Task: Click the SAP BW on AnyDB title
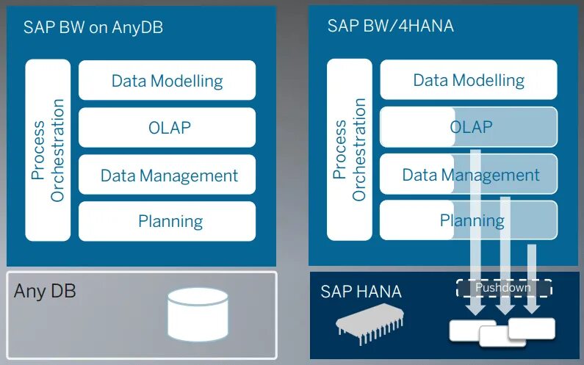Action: point(93,28)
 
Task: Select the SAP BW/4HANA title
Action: point(390,26)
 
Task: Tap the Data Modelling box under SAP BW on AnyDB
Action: point(167,80)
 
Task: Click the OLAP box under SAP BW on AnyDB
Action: point(167,127)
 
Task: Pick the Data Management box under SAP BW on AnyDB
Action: point(167,175)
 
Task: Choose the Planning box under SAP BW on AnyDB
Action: point(167,221)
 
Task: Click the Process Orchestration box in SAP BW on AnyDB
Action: point(48,150)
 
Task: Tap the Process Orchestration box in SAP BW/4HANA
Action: point(350,150)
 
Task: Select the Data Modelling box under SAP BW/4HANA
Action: point(469,80)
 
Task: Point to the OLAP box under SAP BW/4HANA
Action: point(469,127)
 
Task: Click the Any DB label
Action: point(45,291)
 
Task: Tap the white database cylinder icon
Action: point(197,311)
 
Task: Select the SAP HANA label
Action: point(361,292)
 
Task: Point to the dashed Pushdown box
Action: point(503,288)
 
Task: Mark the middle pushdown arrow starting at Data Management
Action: point(505,250)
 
